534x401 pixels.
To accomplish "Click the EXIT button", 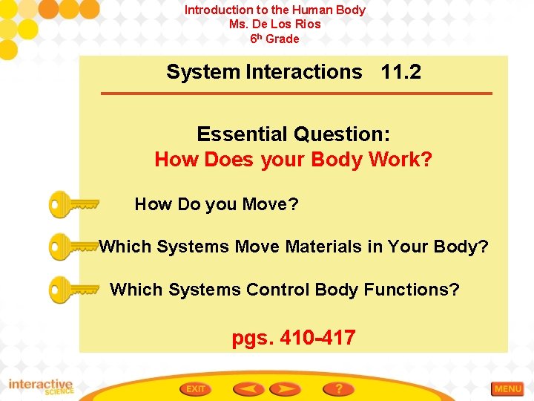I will (196, 388).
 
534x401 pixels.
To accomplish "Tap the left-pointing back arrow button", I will (248, 388).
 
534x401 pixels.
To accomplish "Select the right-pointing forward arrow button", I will (285, 388).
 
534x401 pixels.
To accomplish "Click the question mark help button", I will (338, 388).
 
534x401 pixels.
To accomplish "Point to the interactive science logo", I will (41, 387).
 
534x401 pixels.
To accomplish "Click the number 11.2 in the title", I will (400, 72).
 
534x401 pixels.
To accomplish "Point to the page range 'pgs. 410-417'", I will (294, 338).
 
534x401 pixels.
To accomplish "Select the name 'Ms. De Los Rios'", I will (275, 24).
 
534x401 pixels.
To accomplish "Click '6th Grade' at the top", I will (275, 39).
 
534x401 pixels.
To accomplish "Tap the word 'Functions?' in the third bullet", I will (412, 289).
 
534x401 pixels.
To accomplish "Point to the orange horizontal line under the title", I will (297, 94).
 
